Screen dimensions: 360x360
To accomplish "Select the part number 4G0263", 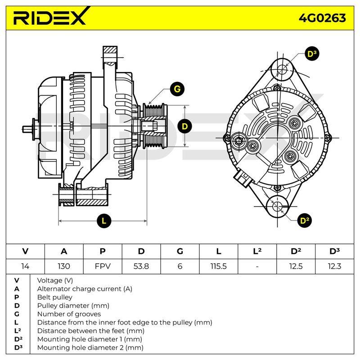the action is tap(322, 18).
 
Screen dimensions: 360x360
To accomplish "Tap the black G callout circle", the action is tap(177, 89).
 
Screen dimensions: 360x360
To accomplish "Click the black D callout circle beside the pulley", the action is tap(185, 126).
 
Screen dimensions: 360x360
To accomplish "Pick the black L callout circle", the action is tap(104, 221).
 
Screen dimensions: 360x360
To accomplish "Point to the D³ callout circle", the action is tap(312, 54).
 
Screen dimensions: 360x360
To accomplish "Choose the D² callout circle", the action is tap(305, 221).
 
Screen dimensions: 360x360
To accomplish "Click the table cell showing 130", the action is tap(64, 266).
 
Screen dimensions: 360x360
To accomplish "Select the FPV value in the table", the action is tap(103, 266).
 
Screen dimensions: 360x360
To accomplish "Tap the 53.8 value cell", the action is tap(141, 266).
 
